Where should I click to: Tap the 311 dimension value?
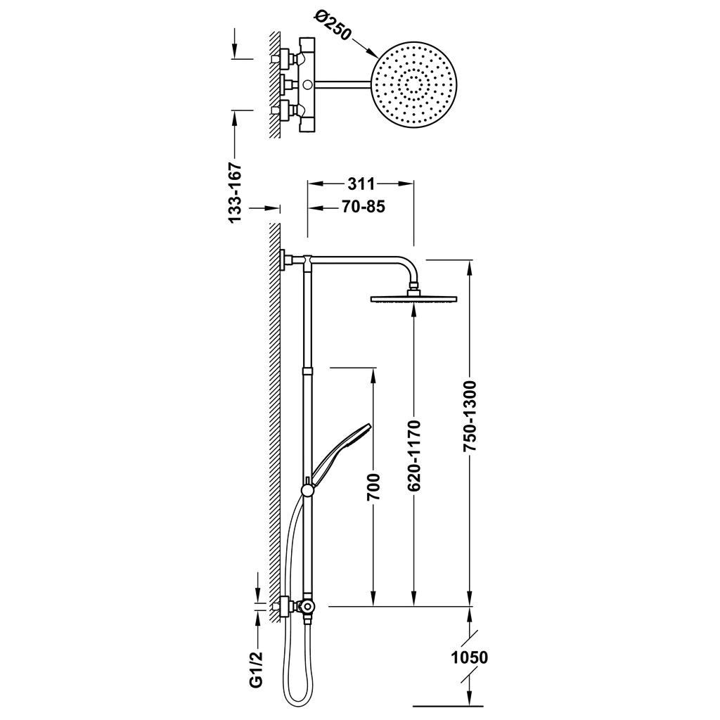coord(361,184)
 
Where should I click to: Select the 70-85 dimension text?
coord(364,207)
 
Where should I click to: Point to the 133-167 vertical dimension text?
coord(235,193)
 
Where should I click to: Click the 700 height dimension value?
coord(374,487)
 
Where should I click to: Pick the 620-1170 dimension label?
coord(414,455)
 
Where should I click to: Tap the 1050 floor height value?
coord(469,657)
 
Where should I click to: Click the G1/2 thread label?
coord(257,669)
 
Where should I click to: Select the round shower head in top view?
coord(414,85)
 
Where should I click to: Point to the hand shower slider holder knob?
coord(307,490)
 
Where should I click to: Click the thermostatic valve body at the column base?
coord(307,607)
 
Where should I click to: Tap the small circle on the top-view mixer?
coord(307,84)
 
